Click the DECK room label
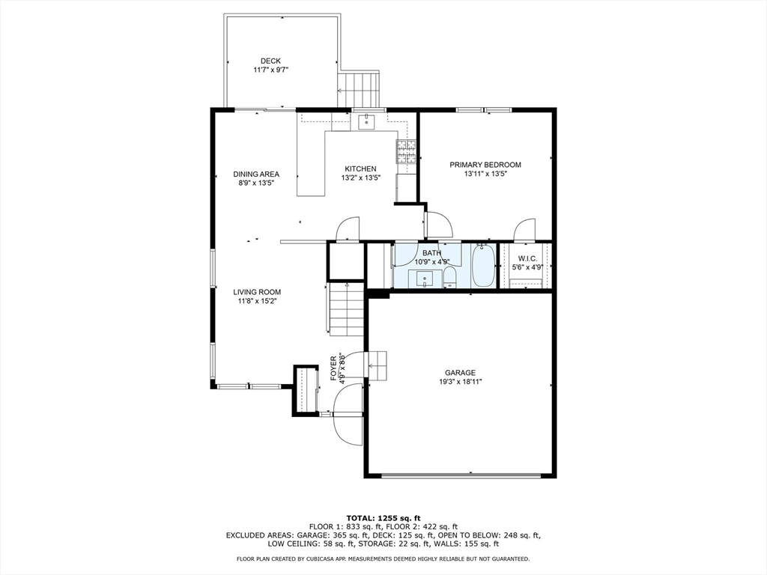(x=270, y=61)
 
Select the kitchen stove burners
(x=406, y=151)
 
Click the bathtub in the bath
(x=483, y=266)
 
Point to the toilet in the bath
(x=449, y=278)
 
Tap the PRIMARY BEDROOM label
(x=485, y=165)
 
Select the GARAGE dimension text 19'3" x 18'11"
(x=460, y=382)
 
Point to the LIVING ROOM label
(x=257, y=293)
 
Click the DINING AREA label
(x=256, y=174)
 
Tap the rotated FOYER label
(x=333, y=368)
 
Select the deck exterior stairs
(x=359, y=89)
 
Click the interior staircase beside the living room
(x=346, y=309)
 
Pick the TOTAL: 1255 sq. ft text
(x=383, y=518)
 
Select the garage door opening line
(x=461, y=475)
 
